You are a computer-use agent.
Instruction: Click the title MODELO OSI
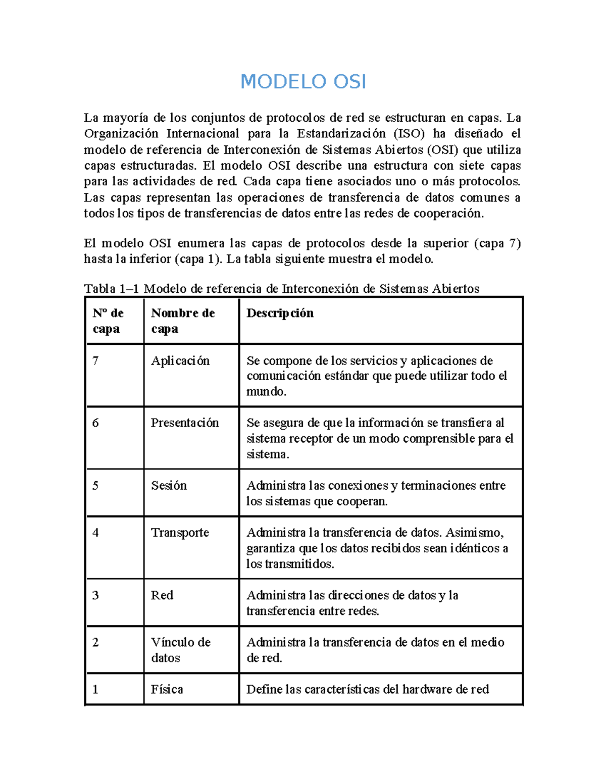303,82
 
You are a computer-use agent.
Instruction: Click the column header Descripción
280,313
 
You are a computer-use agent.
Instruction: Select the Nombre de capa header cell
183,321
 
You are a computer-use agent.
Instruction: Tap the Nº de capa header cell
108,321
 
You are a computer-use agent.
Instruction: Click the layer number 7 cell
95,361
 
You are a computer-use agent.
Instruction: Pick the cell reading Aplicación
180,361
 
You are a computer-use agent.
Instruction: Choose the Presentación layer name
185,423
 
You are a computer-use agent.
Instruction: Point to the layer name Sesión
169,486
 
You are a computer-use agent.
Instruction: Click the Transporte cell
180,533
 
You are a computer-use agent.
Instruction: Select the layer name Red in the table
162,595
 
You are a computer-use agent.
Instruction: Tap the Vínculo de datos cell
180,650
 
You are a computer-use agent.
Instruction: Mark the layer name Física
167,690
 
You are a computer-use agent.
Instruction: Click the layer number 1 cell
95,690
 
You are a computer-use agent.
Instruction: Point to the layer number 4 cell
95,533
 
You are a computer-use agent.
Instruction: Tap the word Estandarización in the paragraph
341,134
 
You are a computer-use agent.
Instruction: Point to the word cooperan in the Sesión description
363,502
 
